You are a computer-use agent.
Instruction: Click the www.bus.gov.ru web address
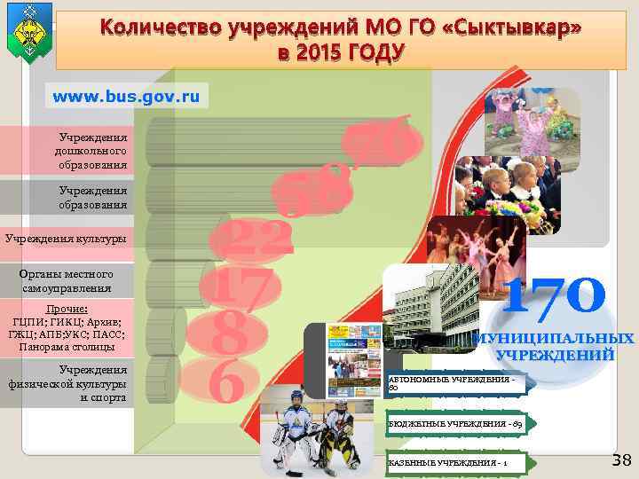coord(127,95)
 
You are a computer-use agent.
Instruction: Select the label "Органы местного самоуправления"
coord(67,281)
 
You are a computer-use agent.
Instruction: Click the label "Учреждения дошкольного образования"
coord(92,152)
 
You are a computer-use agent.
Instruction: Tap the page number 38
coord(621,459)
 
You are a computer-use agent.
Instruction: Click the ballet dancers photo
coord(476,245)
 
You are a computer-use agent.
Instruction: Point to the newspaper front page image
coord(354,360)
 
